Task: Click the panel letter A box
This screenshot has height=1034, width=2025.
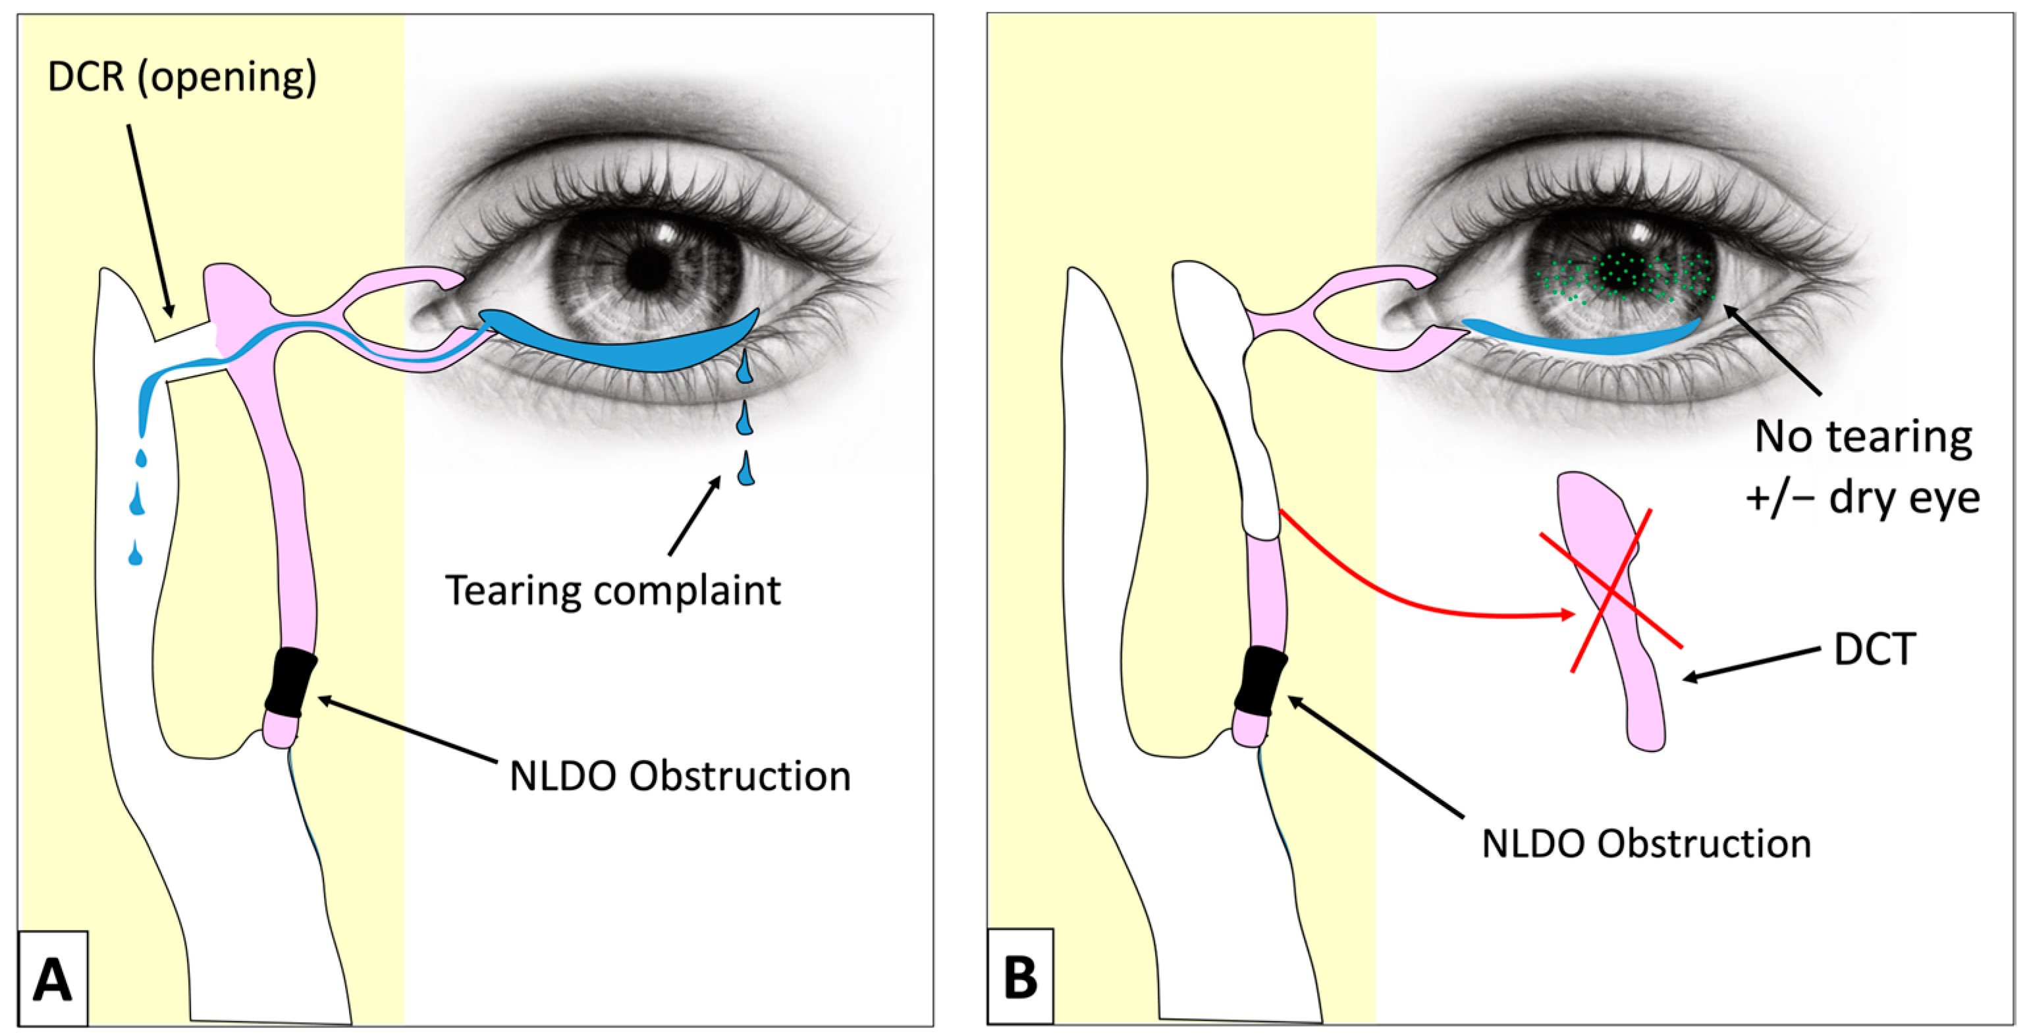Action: [x=52, y=978]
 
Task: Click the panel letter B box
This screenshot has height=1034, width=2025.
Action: [x=1020, y=977]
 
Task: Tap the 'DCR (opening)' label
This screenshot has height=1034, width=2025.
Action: [x=182, y=78]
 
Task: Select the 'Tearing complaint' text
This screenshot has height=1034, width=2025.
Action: [x=612, y=591]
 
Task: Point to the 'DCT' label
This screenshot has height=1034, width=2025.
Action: [x=1874, y=649]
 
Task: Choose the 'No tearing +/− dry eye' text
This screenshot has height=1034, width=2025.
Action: [x=1863, y=467]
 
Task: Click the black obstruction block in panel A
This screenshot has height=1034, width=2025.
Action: [x=290, y=682]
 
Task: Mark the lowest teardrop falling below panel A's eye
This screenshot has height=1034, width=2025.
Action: [x=746, y=470]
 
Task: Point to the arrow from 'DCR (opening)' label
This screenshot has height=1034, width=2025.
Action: [x=150, y=220]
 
